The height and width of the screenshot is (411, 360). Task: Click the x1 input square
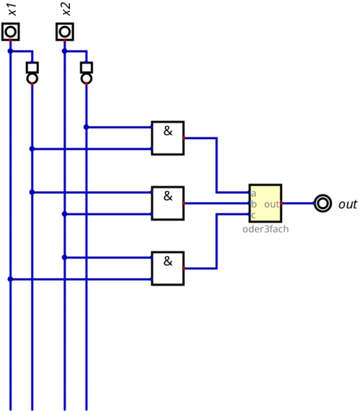click(x=10, y=32)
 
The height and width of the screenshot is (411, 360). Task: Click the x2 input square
click(x=64, y=32)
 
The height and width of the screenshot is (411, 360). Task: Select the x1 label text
click(x=12, y=9)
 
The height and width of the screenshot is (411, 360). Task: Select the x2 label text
click(x=67, y=9)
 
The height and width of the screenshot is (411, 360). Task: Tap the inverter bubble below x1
click(x=33, y=78)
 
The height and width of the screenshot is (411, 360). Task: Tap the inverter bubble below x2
click(x=87, y=78)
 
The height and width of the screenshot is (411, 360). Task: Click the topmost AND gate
click(x=168, y=138)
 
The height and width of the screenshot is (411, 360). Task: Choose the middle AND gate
click(x=168, y=203)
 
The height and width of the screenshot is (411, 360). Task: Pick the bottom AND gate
click(x=168, y=268)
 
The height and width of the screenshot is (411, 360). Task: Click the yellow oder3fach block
click(x=265, y=203)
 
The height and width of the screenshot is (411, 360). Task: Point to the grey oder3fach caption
click(x=265, y=229)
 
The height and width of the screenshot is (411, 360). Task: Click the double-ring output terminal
click(x=322, y=203)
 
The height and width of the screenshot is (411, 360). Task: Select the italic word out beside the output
click(x=348, y=204)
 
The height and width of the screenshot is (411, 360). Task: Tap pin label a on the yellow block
click(x=254, y=194)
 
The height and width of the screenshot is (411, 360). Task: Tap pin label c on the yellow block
click(x=253, y=216)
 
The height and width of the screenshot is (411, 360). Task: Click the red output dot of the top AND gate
click(x=184, y=138)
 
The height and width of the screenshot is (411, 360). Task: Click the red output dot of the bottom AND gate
click(x=184, y=268)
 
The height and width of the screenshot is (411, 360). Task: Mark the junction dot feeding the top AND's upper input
click(x=87, y=127)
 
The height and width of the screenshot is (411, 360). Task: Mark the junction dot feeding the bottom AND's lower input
click(x=10, y=279)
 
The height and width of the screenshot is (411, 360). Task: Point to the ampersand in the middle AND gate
click(x=168, y=196)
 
